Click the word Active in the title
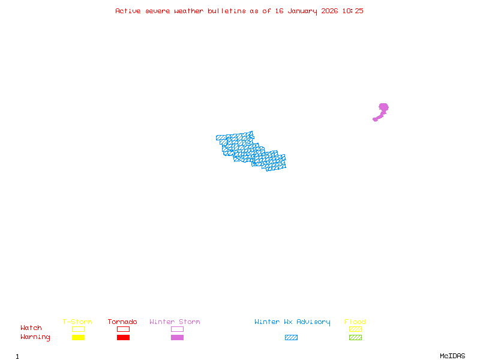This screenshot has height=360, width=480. coord(127,11)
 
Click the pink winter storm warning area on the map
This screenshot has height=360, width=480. coord(382,109)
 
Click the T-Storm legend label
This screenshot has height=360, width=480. coord(77,322)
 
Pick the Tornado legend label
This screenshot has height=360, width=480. coord(122,322)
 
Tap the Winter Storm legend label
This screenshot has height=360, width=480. coord(175,322)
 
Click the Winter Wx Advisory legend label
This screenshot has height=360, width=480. coord(292,322)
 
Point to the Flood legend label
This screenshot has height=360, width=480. coord(355,322)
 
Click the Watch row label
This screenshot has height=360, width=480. coord(31,328)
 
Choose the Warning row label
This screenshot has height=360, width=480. coord(35,337)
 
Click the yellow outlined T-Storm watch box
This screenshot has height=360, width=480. coord(78,329)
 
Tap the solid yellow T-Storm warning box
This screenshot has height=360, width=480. coord(78,338)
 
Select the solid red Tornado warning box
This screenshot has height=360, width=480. coord(123,338)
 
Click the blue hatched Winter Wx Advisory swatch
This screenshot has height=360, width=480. coord(291,338)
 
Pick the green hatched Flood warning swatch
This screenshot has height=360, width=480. coord(355,338)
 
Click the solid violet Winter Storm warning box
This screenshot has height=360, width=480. coord(177,338)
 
